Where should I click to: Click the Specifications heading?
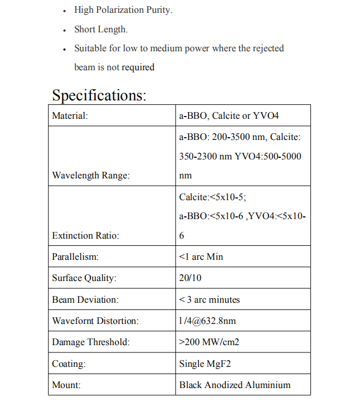[99, 95]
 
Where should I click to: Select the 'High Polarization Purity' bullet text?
[123, 11]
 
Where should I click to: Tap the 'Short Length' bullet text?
[101, 30]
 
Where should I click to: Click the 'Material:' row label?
[70, 116]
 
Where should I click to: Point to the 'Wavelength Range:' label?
[90, 175]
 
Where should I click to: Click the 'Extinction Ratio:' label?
[85, 235]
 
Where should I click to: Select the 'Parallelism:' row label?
[75, 257]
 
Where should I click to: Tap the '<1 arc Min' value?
[201, 257]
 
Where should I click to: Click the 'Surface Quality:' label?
[84, 278]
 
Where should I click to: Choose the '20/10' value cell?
[190, 278]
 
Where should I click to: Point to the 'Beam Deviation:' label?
[85, 300]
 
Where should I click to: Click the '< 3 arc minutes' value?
[209, 300]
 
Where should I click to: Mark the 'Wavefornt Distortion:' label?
[95, 321]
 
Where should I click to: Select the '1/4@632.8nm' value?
[207, 321]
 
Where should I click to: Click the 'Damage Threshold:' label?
[90, 342]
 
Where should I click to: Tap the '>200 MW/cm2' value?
[209, 342]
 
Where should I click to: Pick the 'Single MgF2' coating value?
[205, 364]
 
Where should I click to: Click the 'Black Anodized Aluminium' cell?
[234, 385]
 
